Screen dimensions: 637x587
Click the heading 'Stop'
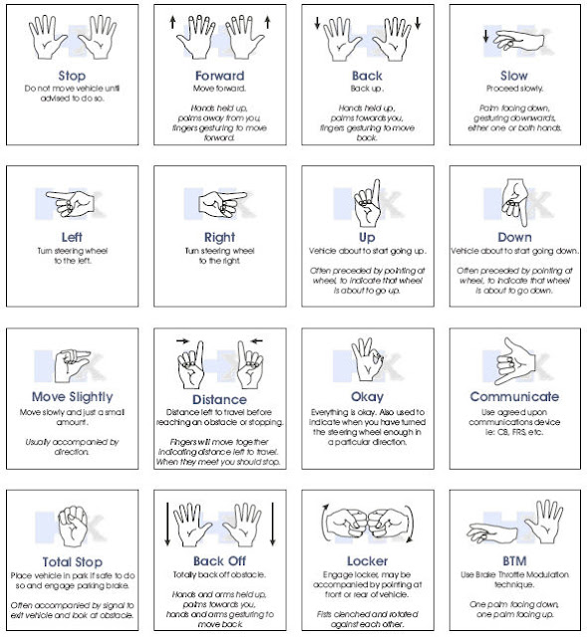[72, 75]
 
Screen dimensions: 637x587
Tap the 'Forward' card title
[219, 75]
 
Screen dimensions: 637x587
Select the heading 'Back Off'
[219, 560]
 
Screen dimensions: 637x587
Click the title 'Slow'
[512, 75]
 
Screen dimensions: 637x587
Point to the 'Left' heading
[72, 238]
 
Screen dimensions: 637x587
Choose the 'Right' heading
[219, 238]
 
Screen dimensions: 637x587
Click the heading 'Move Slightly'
[72, 398]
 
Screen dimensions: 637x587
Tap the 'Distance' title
[219, 400]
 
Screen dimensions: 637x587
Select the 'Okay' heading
[366, 396]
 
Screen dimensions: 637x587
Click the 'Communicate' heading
[512, 396]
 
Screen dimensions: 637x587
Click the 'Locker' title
[366, 560]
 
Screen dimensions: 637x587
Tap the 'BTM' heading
[512, 560]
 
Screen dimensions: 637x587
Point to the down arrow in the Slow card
[485, 38]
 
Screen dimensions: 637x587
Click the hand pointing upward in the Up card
[366, 202]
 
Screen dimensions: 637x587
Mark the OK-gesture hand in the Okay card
[366, 359]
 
